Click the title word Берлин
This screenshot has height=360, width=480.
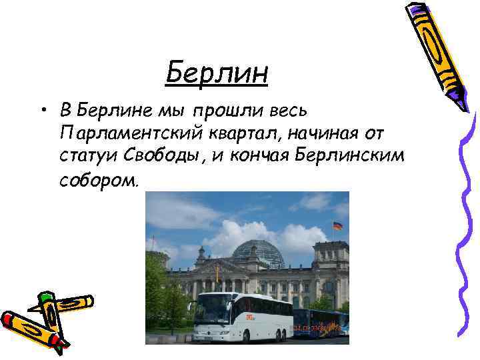(x=217, y=73)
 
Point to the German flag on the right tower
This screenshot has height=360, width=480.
(x=337, y=226)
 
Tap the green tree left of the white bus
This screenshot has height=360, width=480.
(x=163, y=300)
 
